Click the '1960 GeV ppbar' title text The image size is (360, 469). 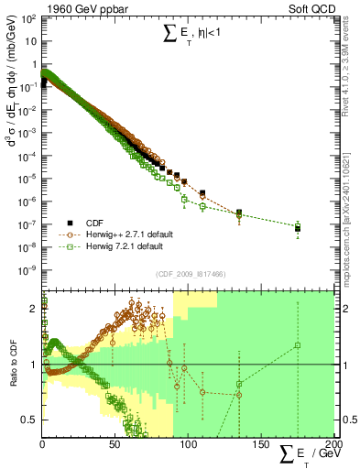pos(81,7)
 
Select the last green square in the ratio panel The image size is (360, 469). pos(297,345)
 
